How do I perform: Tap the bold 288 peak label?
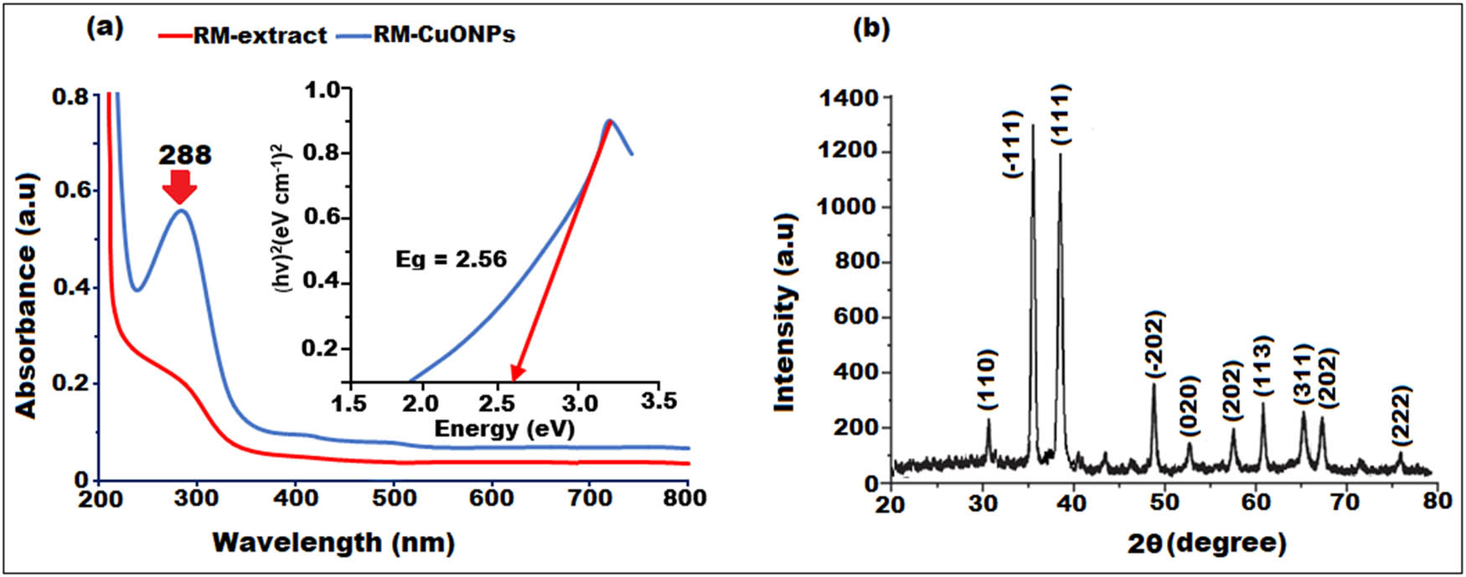coord(185,154)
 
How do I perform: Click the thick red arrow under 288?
coord(179,187)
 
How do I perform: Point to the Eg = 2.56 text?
coord(451,259)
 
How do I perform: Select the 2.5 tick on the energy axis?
coord(500,403)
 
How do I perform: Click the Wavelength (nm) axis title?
coord(333,542)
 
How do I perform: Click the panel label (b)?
coord(871,28)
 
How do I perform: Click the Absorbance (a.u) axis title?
coord(28,296)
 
